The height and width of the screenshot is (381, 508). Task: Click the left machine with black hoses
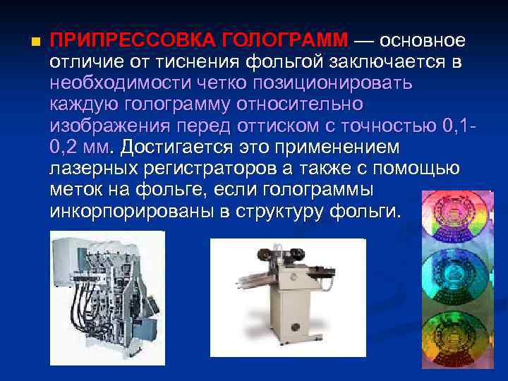[x=106, y=296]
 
